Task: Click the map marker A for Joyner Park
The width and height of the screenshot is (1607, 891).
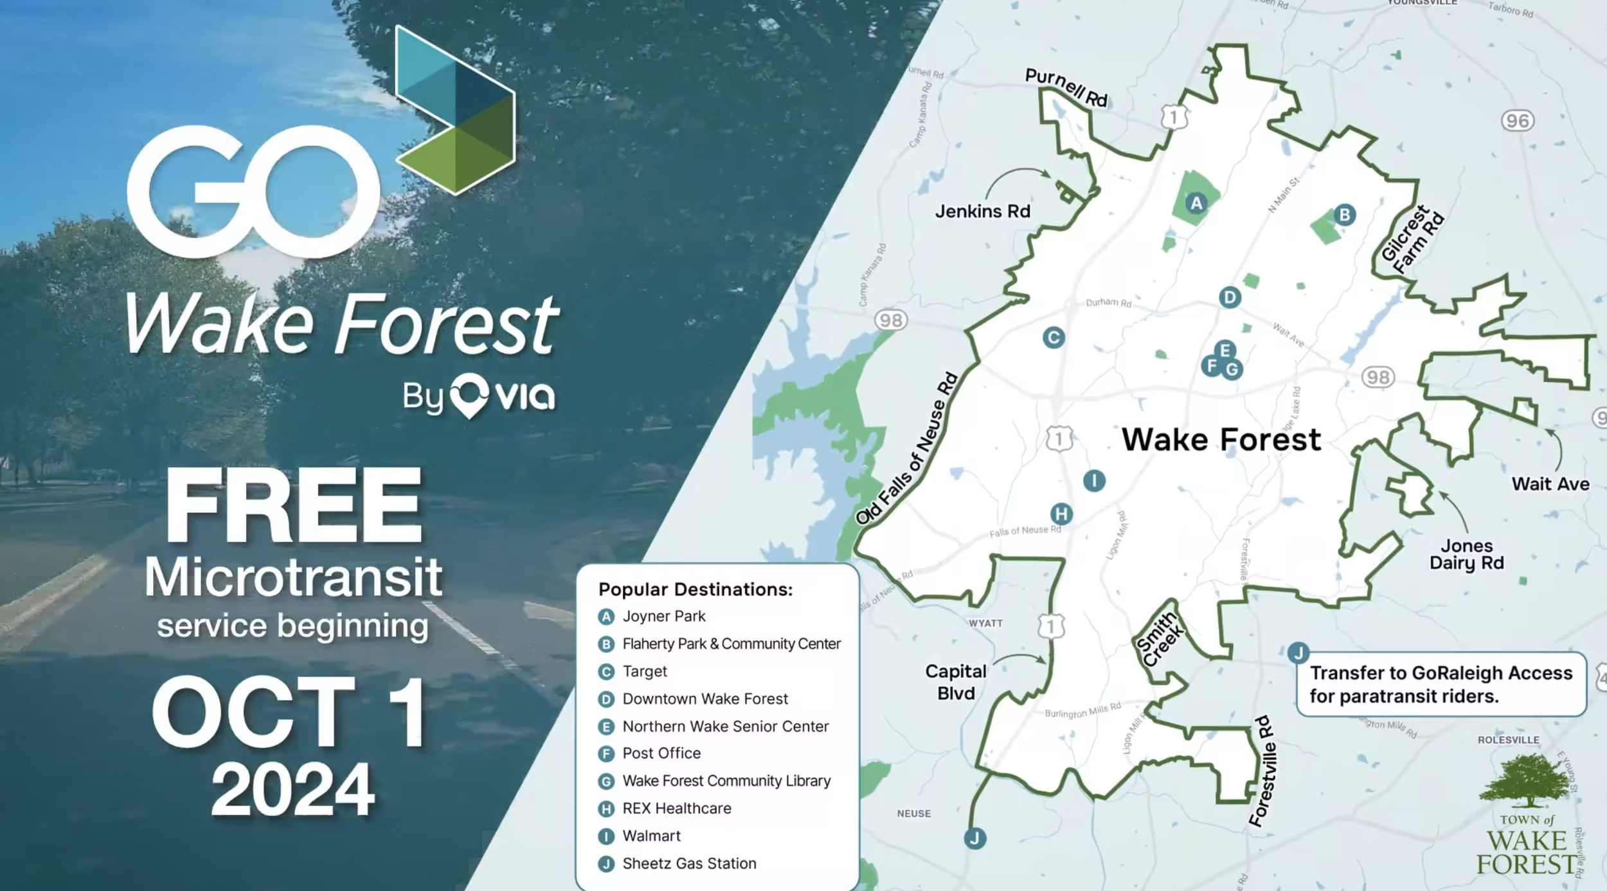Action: click(x=1196, y=203)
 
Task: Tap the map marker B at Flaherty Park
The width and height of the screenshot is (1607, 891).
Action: click(x=1344, y=214)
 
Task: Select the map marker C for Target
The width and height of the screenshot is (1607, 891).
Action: click(x=1053, y=337)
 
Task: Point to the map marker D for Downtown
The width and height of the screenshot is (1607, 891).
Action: click(x=1230, y=298)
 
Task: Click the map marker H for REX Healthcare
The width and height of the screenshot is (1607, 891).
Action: click(x=1061, y=514)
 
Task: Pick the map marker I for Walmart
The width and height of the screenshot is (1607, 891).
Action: click(x=1094, y=480)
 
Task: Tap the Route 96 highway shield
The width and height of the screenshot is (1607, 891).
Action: click(x=1517, y=121)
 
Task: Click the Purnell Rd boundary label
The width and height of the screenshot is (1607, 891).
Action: click(x=1066, y=87)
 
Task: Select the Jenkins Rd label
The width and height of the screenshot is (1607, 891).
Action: click(x=982, y=212)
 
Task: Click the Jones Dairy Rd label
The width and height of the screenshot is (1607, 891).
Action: click(x=1466, y=554)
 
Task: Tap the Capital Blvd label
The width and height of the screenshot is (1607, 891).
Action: click(x=956, y=682)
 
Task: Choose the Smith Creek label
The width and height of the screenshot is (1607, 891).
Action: click(x=1160, y=639)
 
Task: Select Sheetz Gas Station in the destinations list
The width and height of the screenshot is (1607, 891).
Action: click(x=689, y=863)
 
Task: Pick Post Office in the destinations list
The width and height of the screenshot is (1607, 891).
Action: click(x=661, y=753)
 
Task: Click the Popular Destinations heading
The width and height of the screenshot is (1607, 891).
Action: click(x=696, y=589)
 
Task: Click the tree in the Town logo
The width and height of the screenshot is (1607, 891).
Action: click(x=1526, y=780)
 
